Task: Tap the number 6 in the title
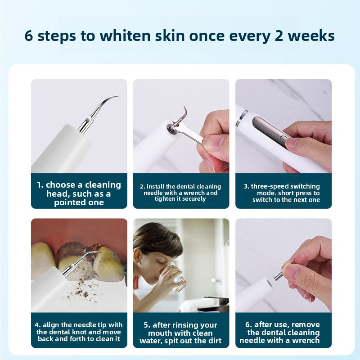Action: [29, 36]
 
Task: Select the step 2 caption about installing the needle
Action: [181, 193]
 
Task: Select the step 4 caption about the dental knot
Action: [79, 332]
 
